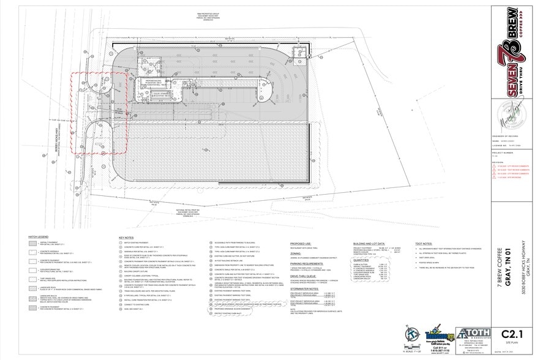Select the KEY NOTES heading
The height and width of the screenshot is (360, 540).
click(126, 237)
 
